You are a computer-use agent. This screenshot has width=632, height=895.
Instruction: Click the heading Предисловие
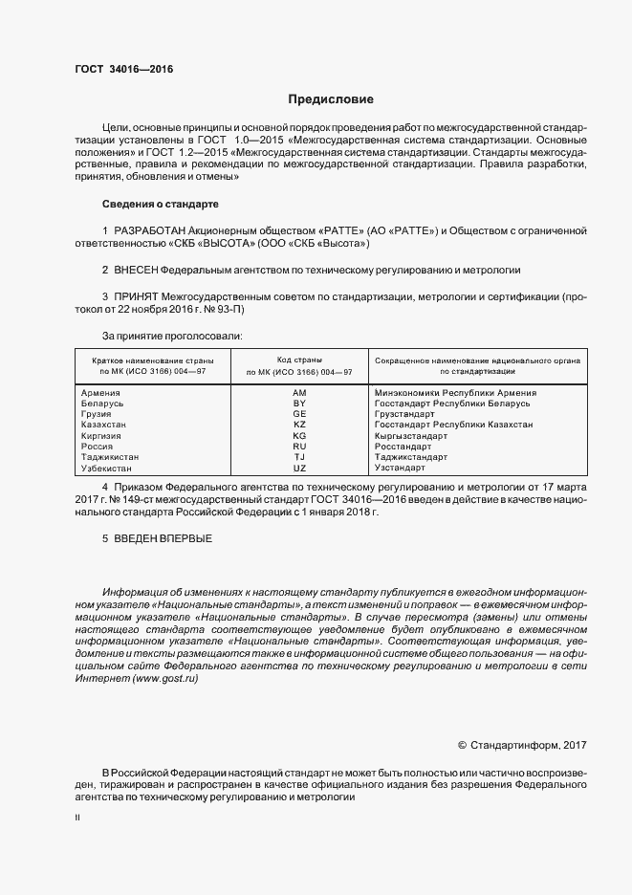[x=331, y=98]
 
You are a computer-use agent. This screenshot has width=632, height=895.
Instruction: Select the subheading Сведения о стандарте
[x=160, y=204]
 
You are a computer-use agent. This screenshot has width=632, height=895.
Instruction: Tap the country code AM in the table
[x=299, y=393]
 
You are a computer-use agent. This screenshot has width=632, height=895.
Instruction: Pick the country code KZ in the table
[x=299, y=424]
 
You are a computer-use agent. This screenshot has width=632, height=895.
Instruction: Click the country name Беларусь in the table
[x=104, y=404]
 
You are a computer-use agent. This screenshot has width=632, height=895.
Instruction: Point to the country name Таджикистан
[x=111, y=457]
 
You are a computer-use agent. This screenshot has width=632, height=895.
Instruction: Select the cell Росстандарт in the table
[x=403, y=447]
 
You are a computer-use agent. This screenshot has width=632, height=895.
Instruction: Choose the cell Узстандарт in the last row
[x=401, y=469]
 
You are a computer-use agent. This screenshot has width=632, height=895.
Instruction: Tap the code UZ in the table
[x=299, y=469]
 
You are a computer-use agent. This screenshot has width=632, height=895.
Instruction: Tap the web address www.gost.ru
[x=165, y=677]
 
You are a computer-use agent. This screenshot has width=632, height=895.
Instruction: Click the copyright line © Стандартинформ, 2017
[x=523, y=744]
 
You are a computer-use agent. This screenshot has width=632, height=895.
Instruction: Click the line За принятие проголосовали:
[x=172, y=337]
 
